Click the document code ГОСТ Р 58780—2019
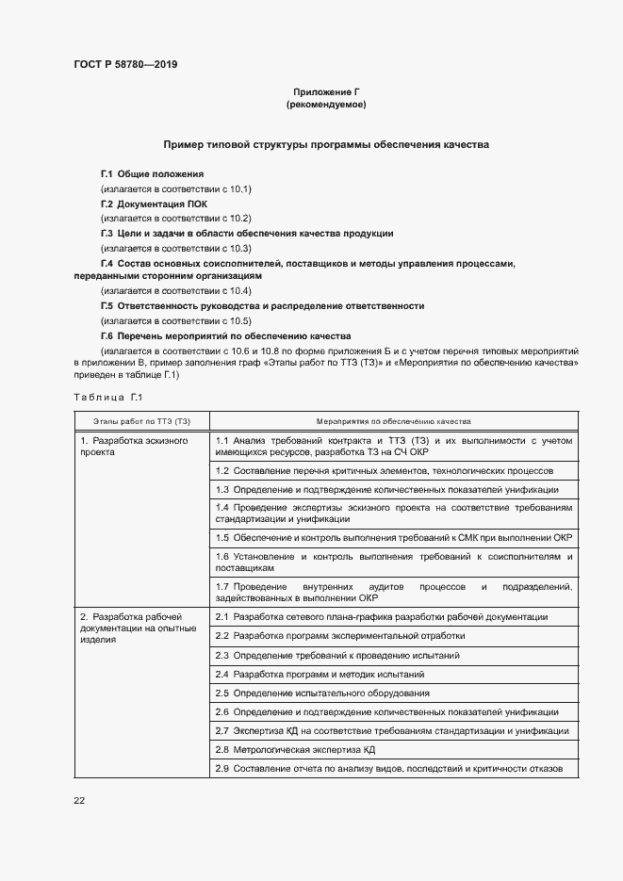pyautogui.click(x=125, y=65)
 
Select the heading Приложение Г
pyautogui.click(x=326, y=92)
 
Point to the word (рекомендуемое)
pyautogui.click(x=326, y=105)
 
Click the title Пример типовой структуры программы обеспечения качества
pyautogui.click(x=325, y=145)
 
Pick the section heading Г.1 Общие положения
pyautogui.click(x=152, y=175)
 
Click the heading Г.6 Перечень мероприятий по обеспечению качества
pyautogui.click(x=226, y=335)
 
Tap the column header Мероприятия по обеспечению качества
pyautogui.click(x=394, y=420)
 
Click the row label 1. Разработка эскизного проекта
pyautogui.click(x=133, y=446)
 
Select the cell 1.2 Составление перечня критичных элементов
pyautogui.click(x=384, y=470)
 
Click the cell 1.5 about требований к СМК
pyautogui.click(x=394, y=538)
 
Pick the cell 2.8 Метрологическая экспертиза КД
pyautogui.click(x=296, y=750)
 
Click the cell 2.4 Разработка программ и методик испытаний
pyautogui.click(x=320, y=675)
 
